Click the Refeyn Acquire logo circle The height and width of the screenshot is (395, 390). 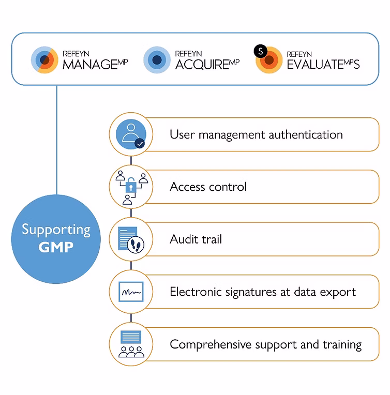point(157,60)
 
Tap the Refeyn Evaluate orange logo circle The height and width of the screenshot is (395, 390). point(269,60)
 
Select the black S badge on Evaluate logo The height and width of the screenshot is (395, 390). point(260,51)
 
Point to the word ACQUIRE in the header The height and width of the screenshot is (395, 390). point(202,65)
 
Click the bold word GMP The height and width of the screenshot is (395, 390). point(56,247)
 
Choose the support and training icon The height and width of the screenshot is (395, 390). point(131,344)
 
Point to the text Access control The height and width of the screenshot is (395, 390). point(208,187)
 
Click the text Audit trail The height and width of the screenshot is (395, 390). point(196,239)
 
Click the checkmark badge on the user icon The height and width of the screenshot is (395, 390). point(139,143)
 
